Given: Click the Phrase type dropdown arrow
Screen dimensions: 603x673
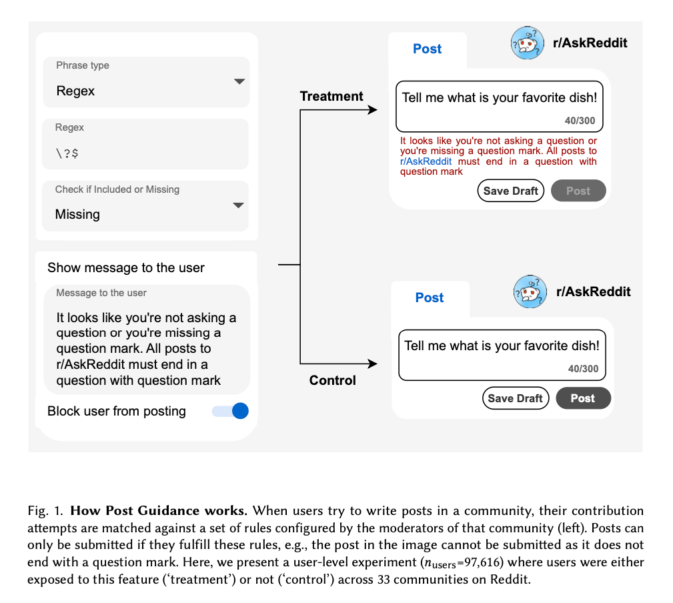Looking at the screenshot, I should pos(239,81).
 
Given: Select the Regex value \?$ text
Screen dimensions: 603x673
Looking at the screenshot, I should pos(68,153).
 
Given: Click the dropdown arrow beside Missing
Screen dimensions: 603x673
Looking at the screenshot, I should pos(238,205).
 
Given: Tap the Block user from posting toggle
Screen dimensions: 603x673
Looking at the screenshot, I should pos(231,411).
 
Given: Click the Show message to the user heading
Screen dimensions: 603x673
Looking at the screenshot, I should pos(126,268).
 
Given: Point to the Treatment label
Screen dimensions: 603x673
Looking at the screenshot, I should pos(331,96).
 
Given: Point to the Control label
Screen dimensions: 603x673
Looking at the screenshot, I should pos(332,380).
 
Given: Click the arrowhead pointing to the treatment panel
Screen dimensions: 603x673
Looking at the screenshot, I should pos(372,110).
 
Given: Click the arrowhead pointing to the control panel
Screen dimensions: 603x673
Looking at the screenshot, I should pos(372,364).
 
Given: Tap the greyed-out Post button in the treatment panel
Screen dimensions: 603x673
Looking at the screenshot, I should pos(578,191).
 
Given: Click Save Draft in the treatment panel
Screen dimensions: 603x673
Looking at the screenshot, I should pos(511,191).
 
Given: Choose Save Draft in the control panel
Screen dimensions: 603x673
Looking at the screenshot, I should pos(515,398).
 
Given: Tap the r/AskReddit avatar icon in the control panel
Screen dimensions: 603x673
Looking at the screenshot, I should pos(530,292).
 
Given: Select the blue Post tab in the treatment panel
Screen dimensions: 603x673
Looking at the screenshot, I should pos(427,49).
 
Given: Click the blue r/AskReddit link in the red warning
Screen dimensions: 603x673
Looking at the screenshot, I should pos(426,161).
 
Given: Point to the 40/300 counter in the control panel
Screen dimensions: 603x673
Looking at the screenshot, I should pos(583,369).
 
